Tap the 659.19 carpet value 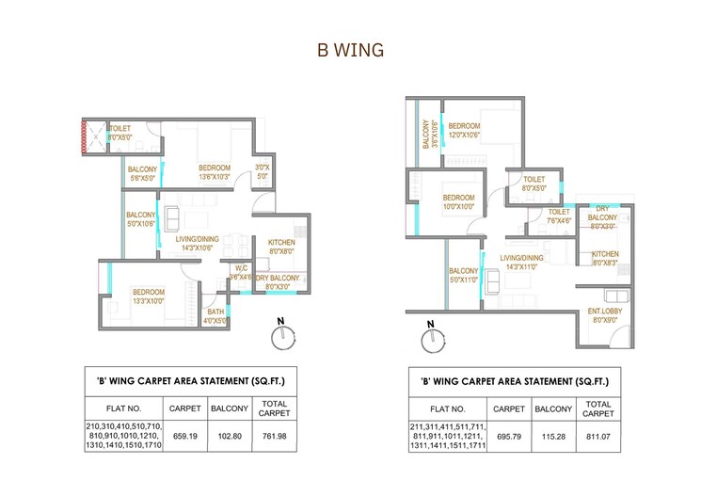tap(184, 436)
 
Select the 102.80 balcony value tap(230, 436)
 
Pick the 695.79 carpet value tap(509, 438)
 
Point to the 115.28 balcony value tap(554, 438)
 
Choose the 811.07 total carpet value tap(597, 438)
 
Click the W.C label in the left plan tap(242, 273)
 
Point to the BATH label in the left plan tap(215, 315)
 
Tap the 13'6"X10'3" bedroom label tap(215, 172)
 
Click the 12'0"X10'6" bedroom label tap(465, 131)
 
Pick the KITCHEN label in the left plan tap(281, 247)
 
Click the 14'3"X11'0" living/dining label tap(522, 263)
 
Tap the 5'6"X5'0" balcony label tap(143, 174)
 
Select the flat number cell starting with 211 tap(448, 438)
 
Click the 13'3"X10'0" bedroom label tap(149, 296)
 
